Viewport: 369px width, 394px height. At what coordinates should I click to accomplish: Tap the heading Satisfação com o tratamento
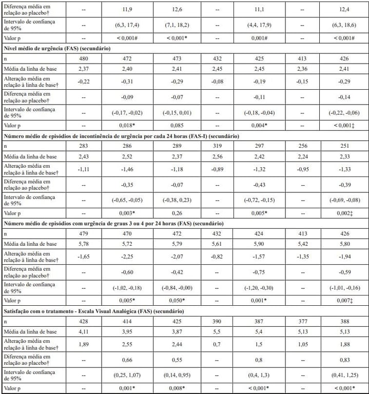[97, 310]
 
